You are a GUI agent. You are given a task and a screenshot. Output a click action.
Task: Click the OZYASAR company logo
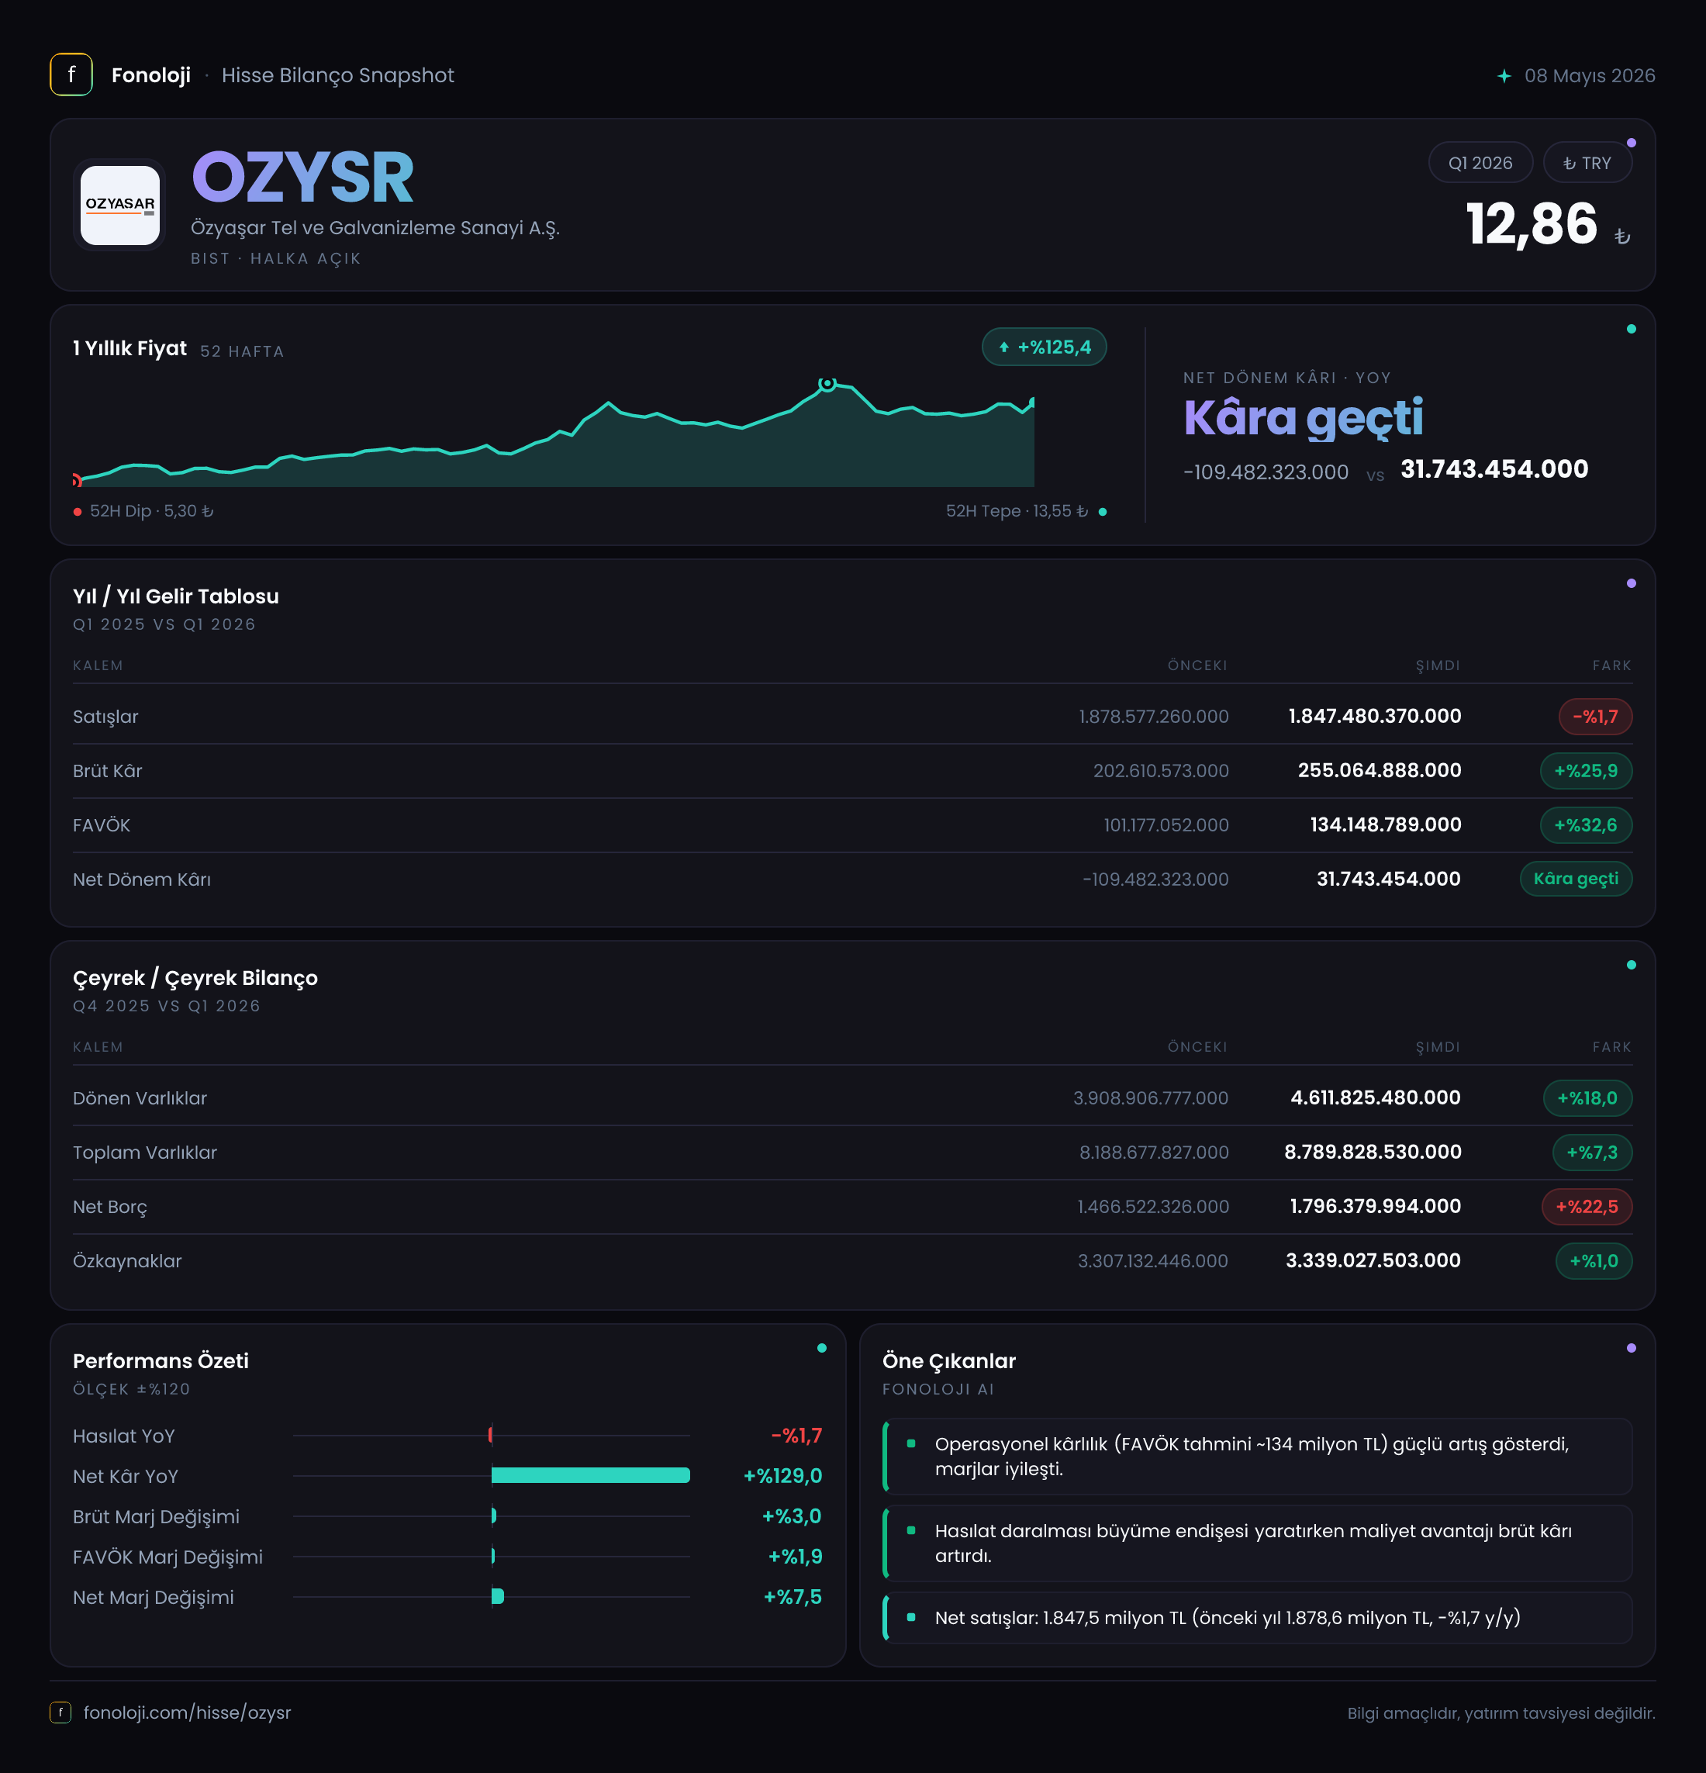[119, 205]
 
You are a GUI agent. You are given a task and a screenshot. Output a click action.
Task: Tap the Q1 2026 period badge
[1480, 163]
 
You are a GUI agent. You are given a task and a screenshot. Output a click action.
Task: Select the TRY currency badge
[1587, 163]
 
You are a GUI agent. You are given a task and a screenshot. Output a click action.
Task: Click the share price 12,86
[1532, 224]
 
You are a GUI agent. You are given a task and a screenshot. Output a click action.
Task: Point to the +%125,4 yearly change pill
[1044, 347]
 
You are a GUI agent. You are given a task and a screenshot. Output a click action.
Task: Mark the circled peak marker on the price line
[827, 384]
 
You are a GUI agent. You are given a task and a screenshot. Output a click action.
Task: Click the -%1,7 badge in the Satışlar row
[1595, 717]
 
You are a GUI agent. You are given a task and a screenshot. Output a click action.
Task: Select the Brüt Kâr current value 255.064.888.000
[1380, 771]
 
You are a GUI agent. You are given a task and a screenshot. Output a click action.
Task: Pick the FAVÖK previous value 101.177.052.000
[1166, 825]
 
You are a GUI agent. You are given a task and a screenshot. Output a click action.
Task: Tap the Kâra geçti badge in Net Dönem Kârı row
[1576, 879]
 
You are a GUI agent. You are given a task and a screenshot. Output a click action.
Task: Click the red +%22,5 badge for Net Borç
[1587, 1207]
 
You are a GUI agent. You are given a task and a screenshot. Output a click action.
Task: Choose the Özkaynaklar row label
[127, 1261]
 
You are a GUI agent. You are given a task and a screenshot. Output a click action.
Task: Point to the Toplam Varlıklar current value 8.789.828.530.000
[1373, 1153]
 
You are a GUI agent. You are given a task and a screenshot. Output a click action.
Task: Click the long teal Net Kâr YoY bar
[591, 1475]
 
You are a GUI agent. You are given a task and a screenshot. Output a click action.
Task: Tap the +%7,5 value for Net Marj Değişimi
[793, 1598]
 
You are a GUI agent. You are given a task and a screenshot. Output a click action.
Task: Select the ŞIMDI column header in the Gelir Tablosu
[1438, 665]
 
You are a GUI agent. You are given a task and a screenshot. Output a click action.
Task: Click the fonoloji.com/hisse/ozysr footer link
[187, 1713]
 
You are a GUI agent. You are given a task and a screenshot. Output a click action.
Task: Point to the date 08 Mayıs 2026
[1590, 76]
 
